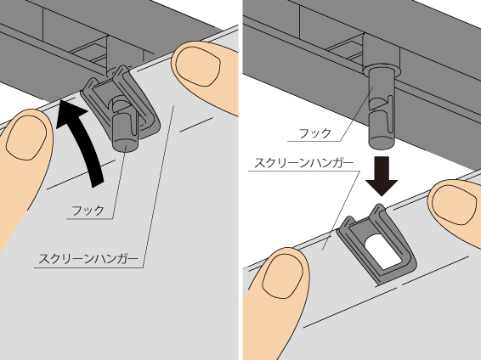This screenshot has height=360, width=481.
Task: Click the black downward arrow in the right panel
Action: click(x=382, y=176)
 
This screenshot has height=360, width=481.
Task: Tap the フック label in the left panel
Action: click(x=88, y=211)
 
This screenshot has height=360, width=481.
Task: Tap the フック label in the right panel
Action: click(x=315, y=133)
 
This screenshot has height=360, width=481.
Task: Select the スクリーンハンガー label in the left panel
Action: click(x=88, y=259)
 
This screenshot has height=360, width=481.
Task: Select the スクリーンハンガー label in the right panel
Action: click(x=304, y=163)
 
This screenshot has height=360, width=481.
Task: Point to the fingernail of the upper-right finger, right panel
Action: click(x=455, y=205)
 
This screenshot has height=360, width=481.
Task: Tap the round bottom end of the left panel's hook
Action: click(x=126, y=144)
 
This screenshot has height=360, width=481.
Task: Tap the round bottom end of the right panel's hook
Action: click(x=381, y=142)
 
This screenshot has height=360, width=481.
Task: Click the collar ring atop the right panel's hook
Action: click(x=382, y=70)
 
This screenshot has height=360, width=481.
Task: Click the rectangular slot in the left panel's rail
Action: click(x=89, y=52)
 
